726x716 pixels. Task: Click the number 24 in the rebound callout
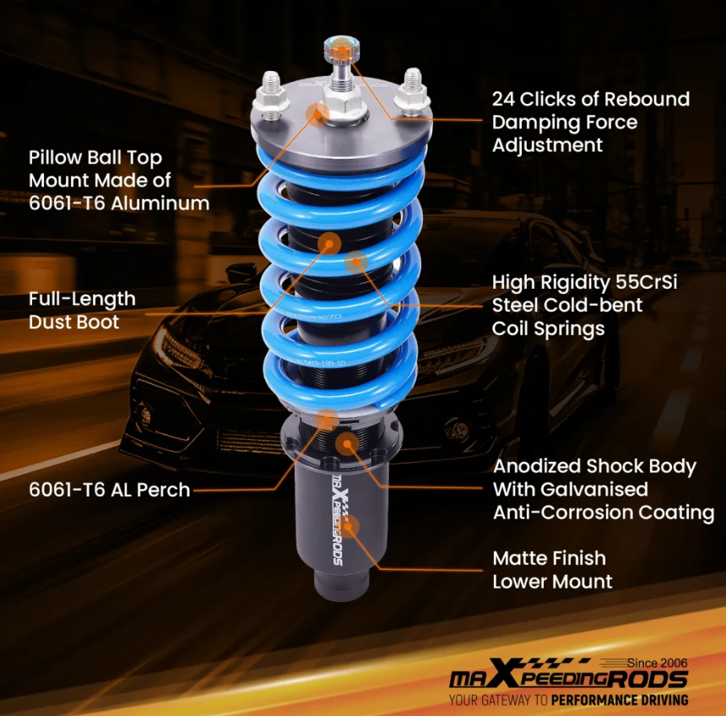pos(505,100)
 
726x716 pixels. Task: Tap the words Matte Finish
pos(550,558)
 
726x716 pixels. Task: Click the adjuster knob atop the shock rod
pos(339,50)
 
